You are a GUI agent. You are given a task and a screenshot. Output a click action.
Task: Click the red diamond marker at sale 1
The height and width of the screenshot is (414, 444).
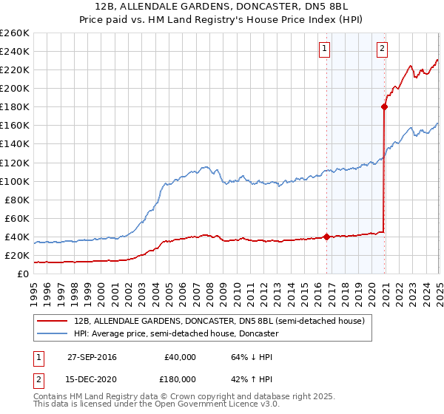327,237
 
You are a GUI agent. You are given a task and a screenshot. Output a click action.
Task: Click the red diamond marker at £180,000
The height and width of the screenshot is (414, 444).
384,106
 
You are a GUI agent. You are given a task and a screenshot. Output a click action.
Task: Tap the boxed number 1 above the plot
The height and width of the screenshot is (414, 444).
325,49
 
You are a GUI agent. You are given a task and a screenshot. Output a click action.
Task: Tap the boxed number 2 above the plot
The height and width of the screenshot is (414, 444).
382,49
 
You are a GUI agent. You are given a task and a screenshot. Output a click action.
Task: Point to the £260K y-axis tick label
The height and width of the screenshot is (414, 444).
15,33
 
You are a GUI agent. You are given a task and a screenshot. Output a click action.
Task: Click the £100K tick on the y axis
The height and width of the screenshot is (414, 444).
15,181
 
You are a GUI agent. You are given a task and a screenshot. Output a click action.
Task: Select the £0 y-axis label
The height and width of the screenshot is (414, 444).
22,274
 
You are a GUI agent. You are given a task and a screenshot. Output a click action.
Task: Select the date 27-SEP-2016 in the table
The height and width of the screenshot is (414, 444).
92,356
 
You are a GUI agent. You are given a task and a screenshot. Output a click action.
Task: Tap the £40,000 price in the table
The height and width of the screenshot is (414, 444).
180,356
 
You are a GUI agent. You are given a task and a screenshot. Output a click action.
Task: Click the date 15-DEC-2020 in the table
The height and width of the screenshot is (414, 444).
92,382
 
